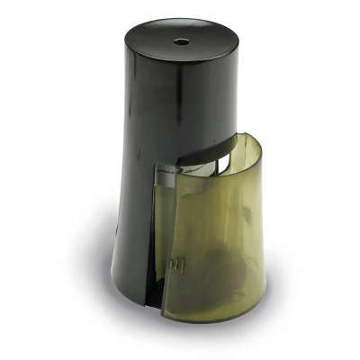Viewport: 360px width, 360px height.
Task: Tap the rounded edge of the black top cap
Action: click(x=126, y=36)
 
